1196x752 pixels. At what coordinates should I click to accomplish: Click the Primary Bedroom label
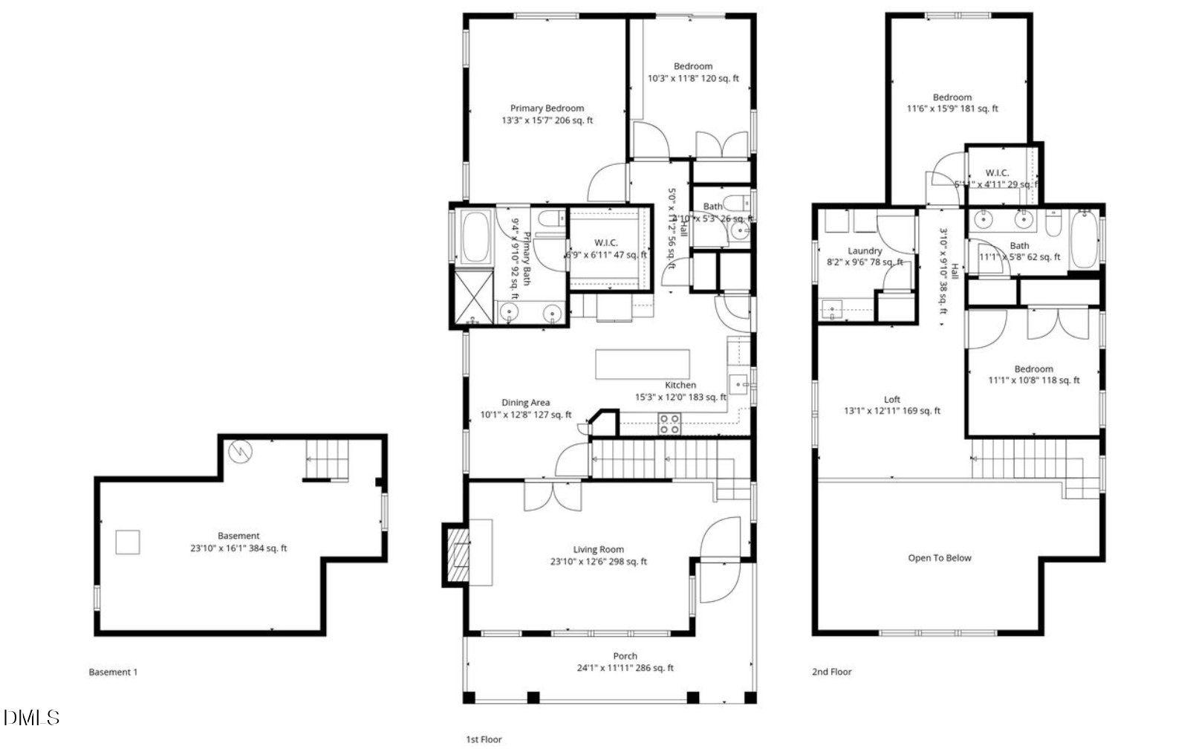pos(547,108)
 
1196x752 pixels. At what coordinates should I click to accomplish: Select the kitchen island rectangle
pos(642,364)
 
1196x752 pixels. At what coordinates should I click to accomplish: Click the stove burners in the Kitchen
pos(669,424)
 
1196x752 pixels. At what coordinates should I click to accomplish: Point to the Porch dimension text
pos(625,668)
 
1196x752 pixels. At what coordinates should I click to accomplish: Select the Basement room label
pos(238,536)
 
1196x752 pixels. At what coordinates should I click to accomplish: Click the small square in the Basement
pos(128,542)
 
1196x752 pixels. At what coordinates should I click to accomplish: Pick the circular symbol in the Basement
pos(240,450)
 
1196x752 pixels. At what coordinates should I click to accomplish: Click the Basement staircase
pos(327,459)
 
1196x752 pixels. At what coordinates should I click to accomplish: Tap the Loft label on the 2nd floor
pos(891,400)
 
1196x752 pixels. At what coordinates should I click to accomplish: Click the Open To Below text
pos(939,558)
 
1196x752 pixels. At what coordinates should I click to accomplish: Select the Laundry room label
pos(865,251)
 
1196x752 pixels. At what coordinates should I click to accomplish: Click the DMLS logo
pos(31,718)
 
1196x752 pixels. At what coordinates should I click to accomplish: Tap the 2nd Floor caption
pos(831,672)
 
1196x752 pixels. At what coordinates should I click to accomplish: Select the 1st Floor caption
pos(484,739)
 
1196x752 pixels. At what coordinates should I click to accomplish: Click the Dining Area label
pos(525,403)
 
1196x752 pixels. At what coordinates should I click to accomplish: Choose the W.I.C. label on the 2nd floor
pos(997,173)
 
